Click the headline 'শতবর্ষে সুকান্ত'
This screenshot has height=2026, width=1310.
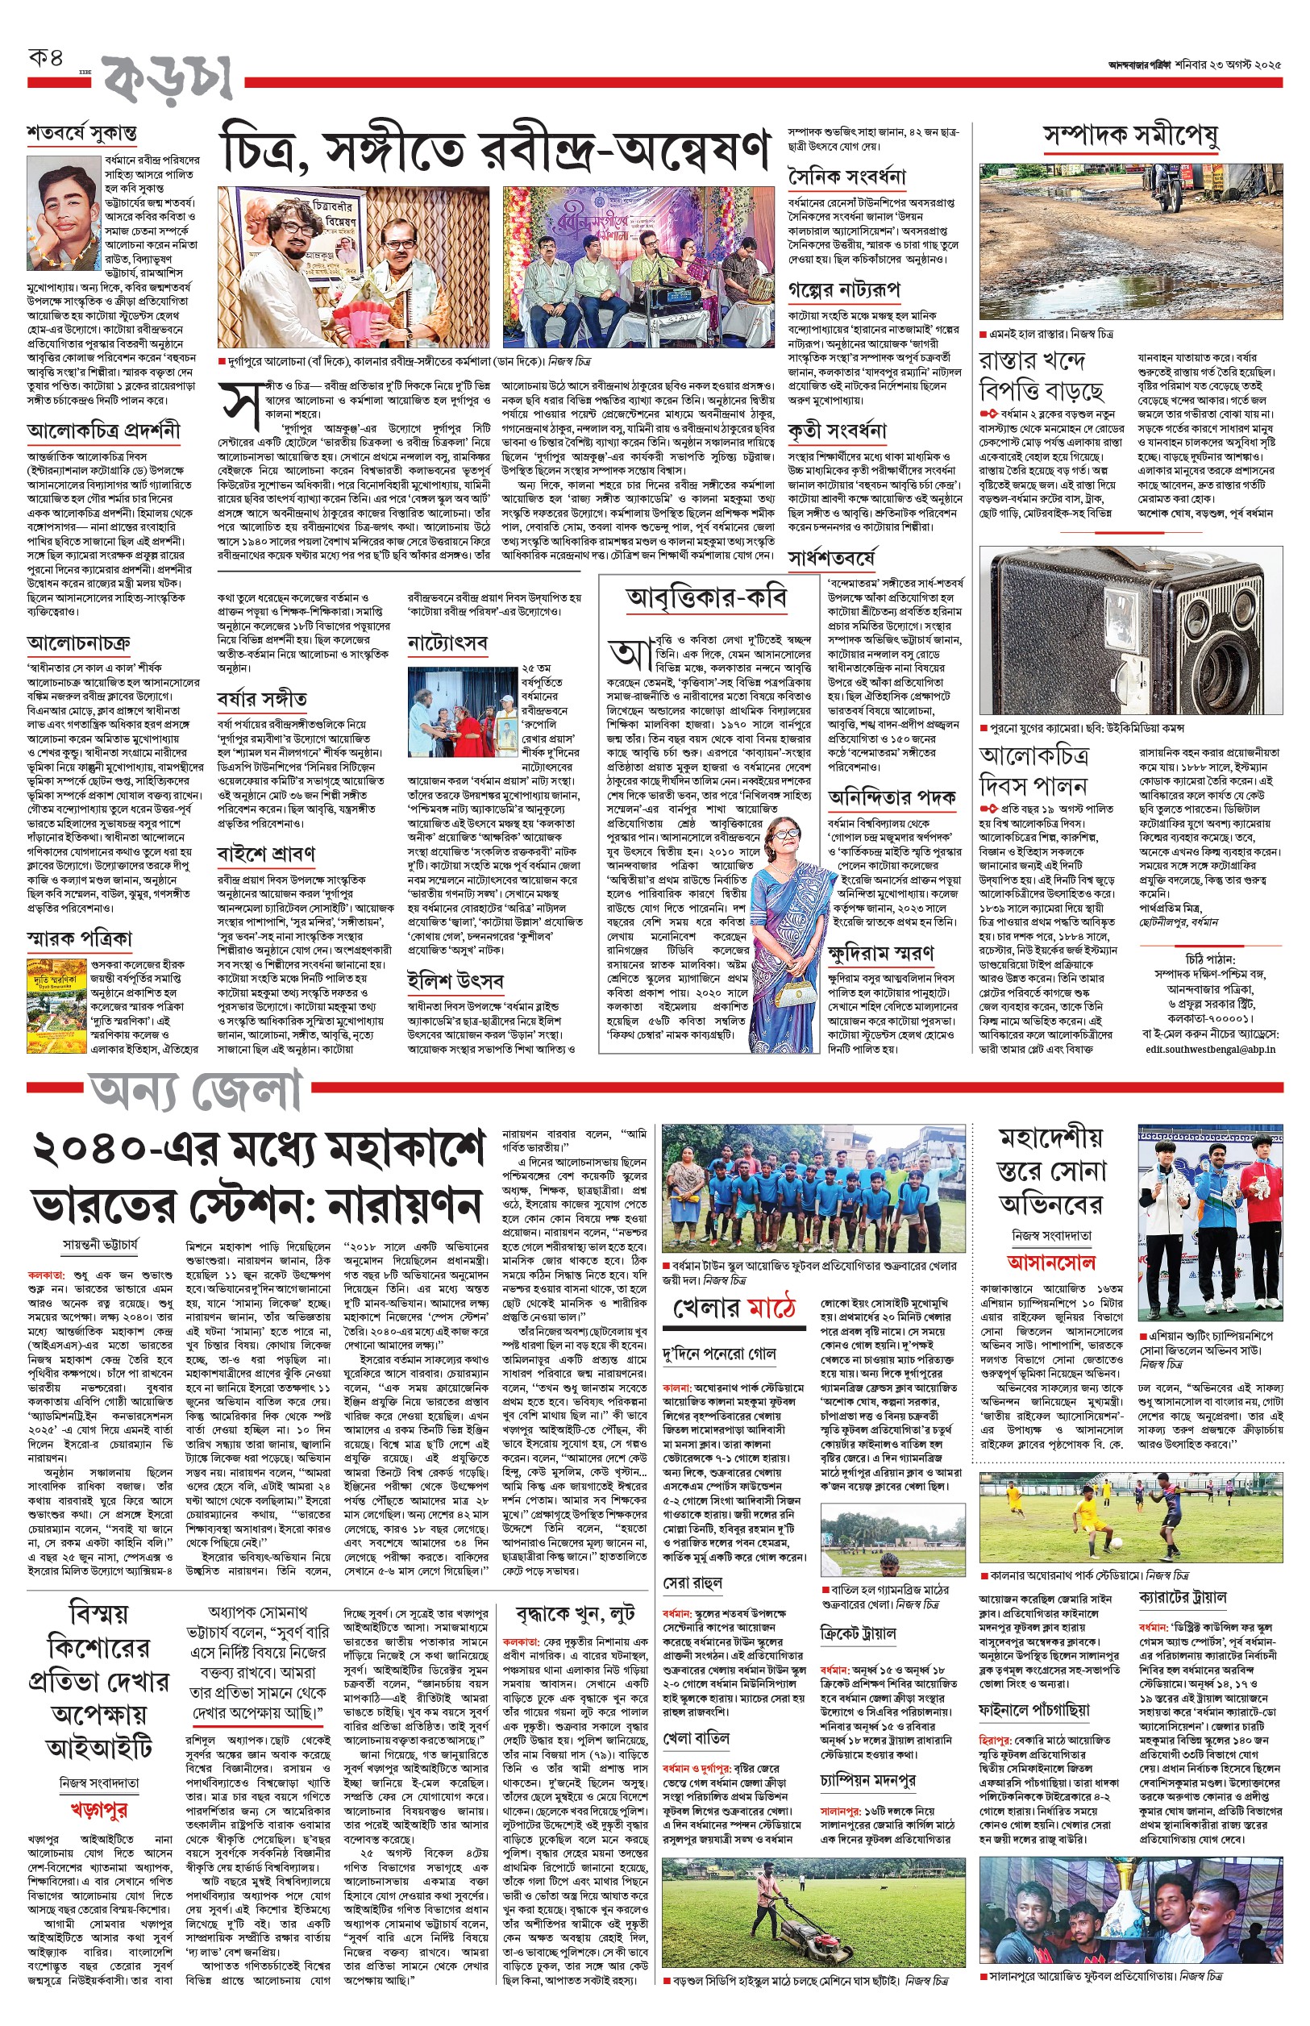coord(81,134)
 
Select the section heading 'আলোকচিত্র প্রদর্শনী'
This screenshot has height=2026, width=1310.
coord(103,431)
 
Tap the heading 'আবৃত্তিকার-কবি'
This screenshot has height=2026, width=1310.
coord(706,599)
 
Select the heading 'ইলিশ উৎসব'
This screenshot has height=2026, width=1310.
coord(455,980)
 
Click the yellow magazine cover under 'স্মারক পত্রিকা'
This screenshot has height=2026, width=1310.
coord(56,1004)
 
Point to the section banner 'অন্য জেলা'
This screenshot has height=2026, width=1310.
coord(197,1091)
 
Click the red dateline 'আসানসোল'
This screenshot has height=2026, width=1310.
coord(1050,1262)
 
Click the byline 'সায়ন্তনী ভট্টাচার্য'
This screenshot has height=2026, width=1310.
coord(101,1244)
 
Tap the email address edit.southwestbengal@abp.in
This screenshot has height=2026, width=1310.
coord(1209,1049)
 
